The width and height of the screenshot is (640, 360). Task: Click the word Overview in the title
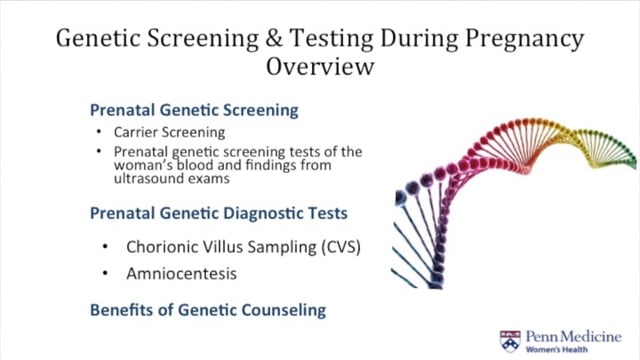tap(319, 67)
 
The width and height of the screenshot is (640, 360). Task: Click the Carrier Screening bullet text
tap(171, 132)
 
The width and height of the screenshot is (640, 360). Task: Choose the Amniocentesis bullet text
tap(182, 272)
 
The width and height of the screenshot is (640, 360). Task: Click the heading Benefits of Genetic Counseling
tap(208, 310)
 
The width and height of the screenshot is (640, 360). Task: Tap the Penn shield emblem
tap(510, 339)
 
